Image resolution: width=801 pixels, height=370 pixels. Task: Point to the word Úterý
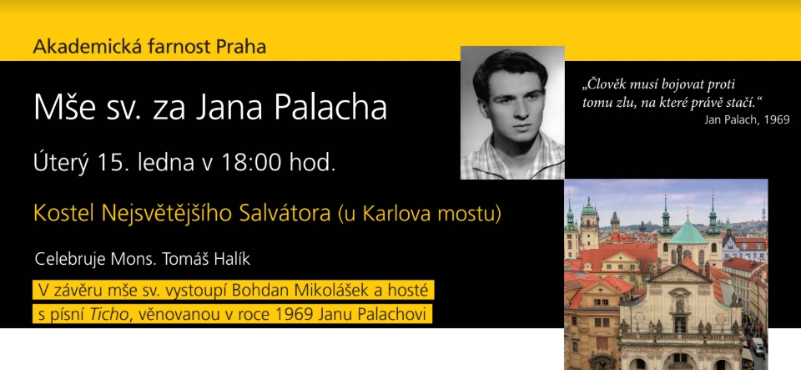[x=61, y=163]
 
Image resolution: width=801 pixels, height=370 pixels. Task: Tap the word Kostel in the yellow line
[x=64, y=213]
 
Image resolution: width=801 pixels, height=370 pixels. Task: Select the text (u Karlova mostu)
[x=420, y=214]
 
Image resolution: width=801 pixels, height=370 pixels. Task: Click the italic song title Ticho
[x=108, y=314]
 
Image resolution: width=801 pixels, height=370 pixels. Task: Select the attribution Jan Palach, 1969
[x=747, y=119]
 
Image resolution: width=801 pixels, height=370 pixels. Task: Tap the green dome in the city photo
[x=688, y=232]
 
